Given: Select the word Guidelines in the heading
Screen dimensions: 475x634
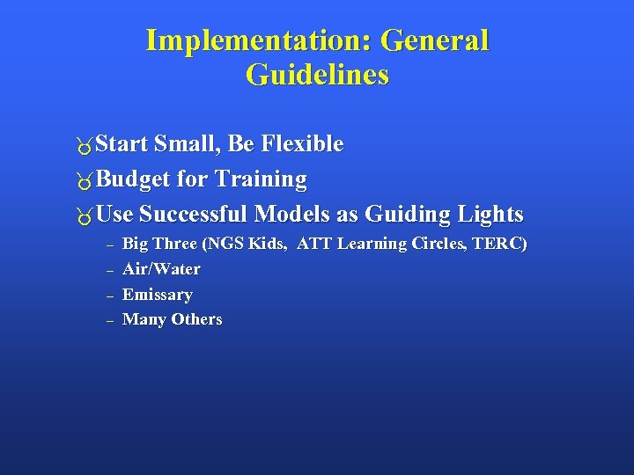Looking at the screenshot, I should (x=317, y=76).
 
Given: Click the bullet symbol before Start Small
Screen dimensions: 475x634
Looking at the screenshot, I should (x=84, y=145).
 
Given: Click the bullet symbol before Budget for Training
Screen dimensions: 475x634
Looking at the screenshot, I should (x=84, y=181).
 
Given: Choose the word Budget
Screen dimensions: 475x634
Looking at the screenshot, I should (x=134, y=179).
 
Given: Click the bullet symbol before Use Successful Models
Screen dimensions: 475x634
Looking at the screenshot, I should (x=84, y=216).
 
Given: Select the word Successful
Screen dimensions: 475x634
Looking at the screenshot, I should (x=194, y=215).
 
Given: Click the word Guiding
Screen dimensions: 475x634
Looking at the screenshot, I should (x=405, y=215).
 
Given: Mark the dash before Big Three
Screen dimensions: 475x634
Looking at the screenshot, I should (x=109, y=245).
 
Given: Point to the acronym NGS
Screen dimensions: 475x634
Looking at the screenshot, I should (x=216, y=244).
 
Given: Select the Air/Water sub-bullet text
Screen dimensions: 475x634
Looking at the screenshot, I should (x=161, y=269).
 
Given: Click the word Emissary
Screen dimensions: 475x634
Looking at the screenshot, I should (x=157, y=295).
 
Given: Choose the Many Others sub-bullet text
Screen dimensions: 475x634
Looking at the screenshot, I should (x=172, y=319).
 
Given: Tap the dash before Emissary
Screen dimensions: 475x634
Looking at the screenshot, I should (x=109, y=296).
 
